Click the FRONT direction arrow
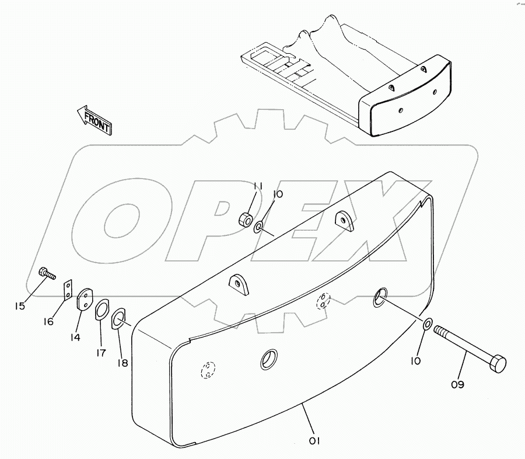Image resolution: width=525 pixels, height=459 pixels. coord(94,120)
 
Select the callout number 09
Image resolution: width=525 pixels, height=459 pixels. coord(458,384)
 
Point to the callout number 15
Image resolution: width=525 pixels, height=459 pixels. coord(20,306)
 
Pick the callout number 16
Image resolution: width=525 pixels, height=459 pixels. coord(48,322)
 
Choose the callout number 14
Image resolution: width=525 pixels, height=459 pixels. coord(75,338)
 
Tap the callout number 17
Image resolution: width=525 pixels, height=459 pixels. coord(100,353)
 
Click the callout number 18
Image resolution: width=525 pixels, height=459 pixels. coord(123,363)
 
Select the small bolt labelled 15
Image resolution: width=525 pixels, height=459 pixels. coord(47,273)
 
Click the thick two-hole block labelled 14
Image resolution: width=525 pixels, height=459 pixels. coord(85,300)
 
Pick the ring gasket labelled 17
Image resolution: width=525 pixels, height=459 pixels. coord(101,310)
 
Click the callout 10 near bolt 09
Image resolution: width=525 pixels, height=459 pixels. coord(415,361)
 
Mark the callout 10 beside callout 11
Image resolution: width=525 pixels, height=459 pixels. coord(278,194)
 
